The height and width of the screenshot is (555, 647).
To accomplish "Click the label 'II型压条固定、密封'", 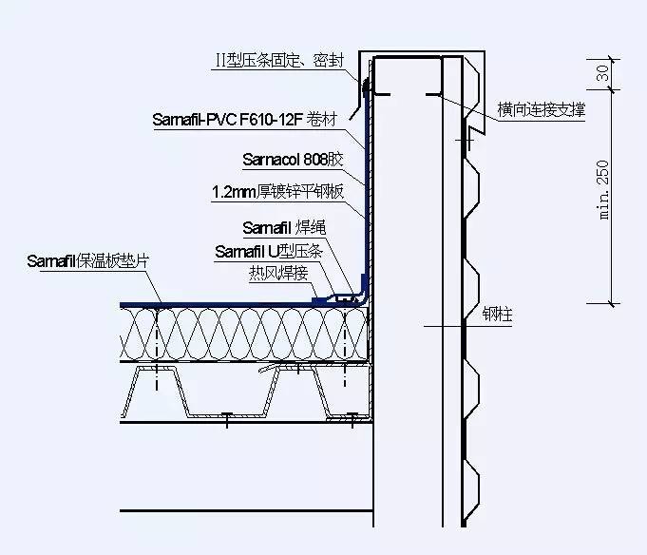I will (x=285, y=62).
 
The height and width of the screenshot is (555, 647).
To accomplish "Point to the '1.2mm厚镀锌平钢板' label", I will (x=276, y=193).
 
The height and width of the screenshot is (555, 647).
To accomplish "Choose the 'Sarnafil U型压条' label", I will (x=270, y=252).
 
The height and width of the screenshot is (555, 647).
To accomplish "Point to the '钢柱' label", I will (x=497, y=315).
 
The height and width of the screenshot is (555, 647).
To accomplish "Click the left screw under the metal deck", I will (x=228, y=415).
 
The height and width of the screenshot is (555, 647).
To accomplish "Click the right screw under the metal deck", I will (x=352, y=415).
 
